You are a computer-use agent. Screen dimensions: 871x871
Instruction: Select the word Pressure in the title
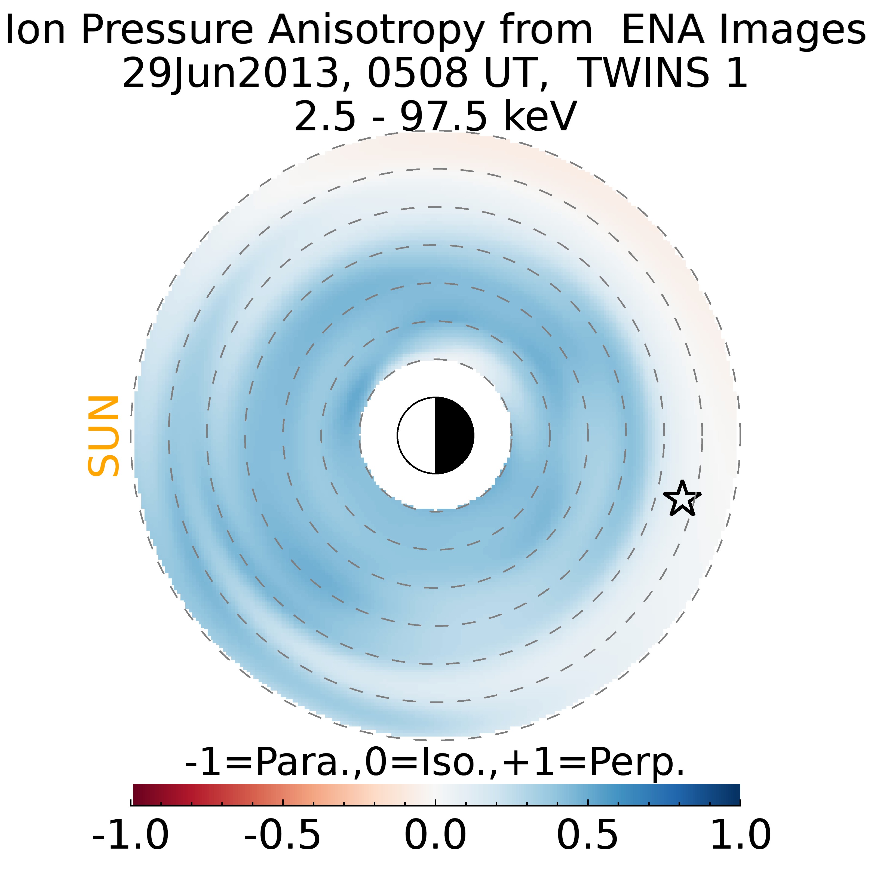pyautogui.click(x=167, y=30)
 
